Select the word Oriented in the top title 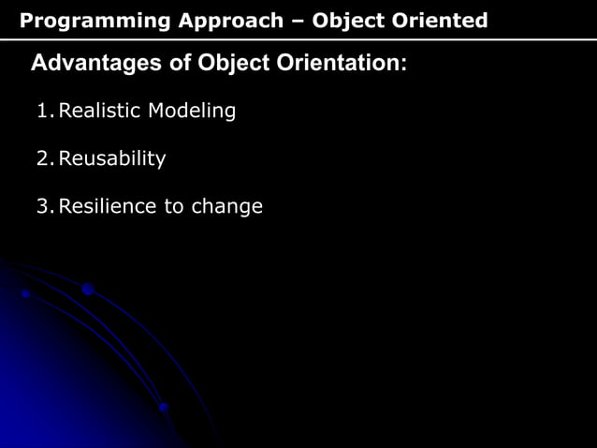pos(439,21)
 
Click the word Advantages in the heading pos(91,64)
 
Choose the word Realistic pos(98,112)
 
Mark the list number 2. pos(43,159)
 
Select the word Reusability pos(112,159)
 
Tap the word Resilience pos(108,206)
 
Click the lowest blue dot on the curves pos(164,408)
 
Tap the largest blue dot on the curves pos(88,290)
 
